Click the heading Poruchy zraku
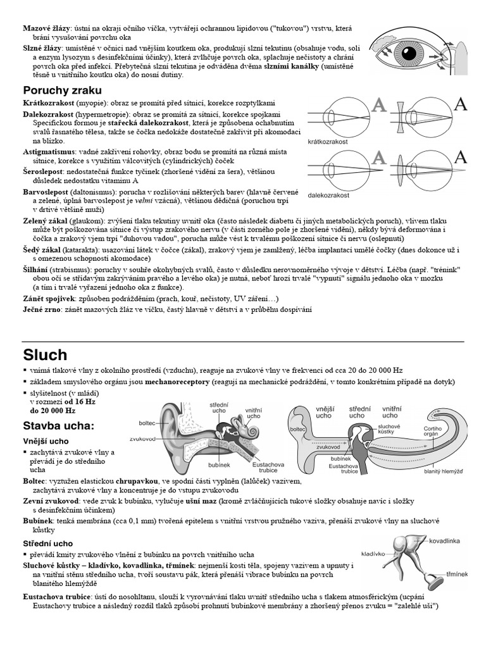click(62, 90)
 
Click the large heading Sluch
click(45, 355)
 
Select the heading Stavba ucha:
click(59, 426)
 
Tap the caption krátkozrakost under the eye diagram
click(328, 142)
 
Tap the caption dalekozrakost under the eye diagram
click(328, 196)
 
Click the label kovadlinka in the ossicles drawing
click(444, 541)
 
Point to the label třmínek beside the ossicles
click(457, 574)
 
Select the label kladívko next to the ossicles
click(373, 554)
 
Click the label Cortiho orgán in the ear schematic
click(432, 431)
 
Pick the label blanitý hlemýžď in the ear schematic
click(444, 471)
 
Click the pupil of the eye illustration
click(409, 53)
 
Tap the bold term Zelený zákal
click(45, 221)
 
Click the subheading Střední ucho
click(48, 544)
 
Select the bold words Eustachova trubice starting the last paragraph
click(56, 597)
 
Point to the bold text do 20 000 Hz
click(53, 411)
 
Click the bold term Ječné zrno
click(42, 309)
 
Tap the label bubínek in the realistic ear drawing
click(219, 465)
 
